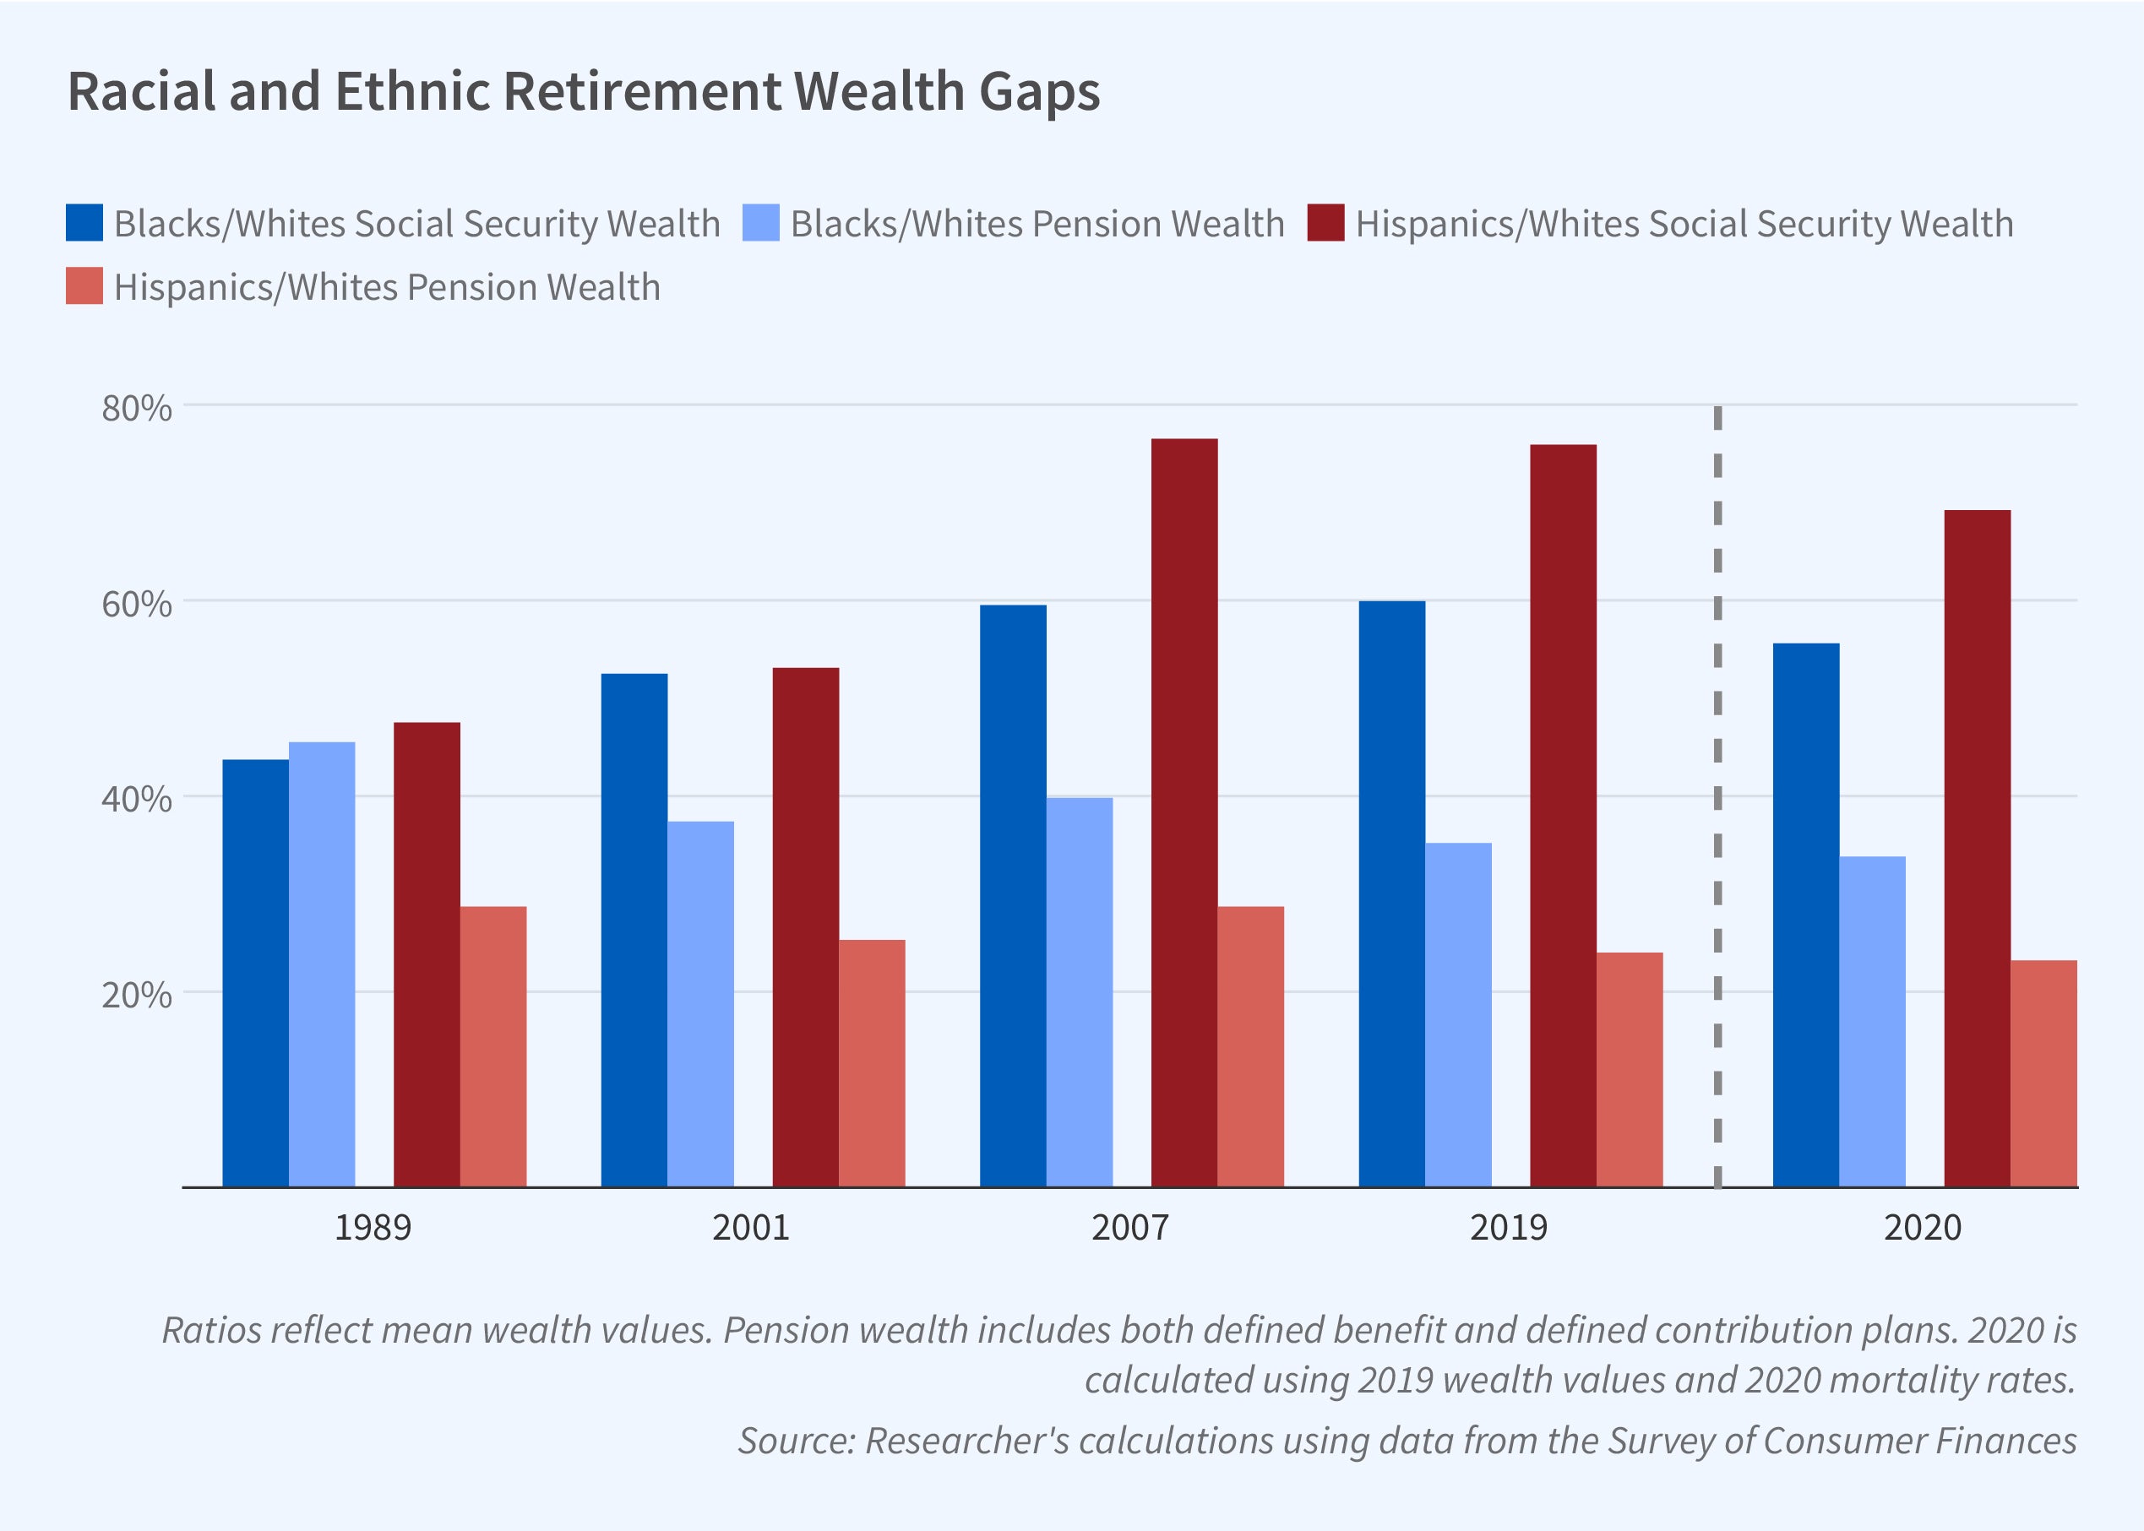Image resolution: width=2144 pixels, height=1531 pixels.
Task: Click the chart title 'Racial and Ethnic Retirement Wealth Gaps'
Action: coord(584,92)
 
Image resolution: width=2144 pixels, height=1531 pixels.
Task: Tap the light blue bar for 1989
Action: coord(322,964)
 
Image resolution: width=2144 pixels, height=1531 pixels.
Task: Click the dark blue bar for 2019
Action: coord(1391,893)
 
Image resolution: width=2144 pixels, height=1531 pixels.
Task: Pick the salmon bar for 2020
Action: coord(2043,1072)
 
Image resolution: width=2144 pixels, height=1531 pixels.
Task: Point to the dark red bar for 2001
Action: coord(805,926)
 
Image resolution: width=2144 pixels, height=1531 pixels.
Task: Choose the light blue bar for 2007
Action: coord(1080,991)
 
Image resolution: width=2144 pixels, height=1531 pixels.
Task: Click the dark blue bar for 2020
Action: coord(1805,915)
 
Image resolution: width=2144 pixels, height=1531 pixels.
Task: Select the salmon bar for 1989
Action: coord(493,1046)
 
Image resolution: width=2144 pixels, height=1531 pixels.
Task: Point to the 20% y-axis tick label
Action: coord(138,995)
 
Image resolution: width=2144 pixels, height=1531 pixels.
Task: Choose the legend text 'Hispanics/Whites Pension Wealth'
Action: coord(387,287)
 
